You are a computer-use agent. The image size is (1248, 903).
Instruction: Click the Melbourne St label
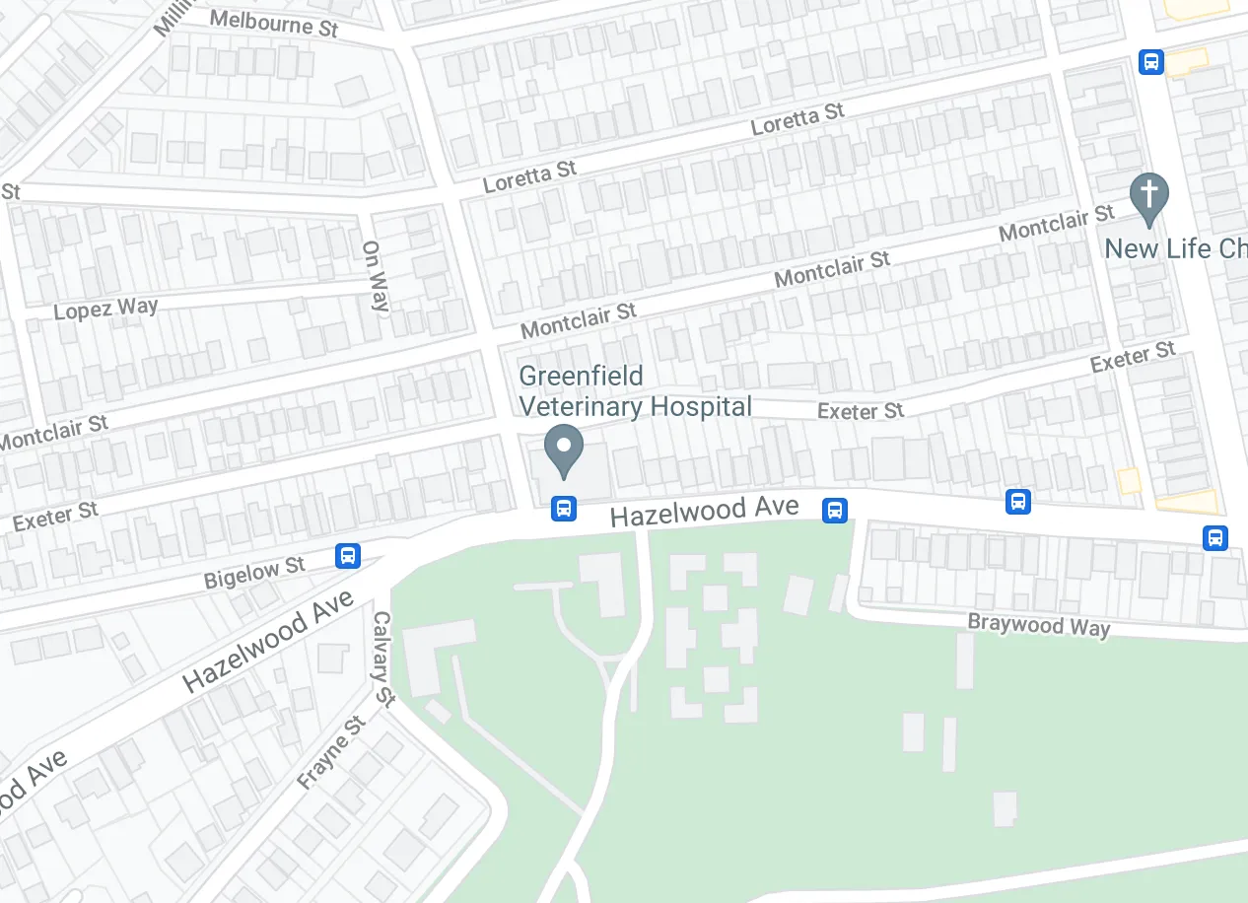click(x=274, y=23)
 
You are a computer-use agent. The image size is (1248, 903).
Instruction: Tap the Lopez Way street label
click(x=105, y=309)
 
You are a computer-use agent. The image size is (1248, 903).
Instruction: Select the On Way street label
click(x=376, y=276)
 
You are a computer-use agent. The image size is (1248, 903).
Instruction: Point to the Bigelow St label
click(x=254, y=572)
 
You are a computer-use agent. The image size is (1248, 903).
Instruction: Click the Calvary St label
click(x=383, y=659)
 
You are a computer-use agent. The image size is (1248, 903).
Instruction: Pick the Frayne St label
click(x=332, y=752)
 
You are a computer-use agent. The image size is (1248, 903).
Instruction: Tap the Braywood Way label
click(x=1038, y=624)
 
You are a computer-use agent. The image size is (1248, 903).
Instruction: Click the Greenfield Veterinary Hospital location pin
click(x=564, y=452)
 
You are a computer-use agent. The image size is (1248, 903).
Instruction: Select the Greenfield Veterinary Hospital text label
click(x=635, y=391)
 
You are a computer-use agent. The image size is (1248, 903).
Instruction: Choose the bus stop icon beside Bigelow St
click(x=347, y=556)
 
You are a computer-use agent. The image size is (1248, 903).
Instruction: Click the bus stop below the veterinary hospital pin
click(x=564, y=509)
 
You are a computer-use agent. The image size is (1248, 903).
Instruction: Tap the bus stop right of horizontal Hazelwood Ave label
click(x=834, y=510)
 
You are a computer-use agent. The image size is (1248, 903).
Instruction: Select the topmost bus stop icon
click(x=1150, y=61)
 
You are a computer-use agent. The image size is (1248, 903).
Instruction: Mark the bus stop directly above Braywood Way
click(x=1018, y=501)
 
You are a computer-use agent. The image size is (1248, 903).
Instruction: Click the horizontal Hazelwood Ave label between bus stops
click(x=704, y=512)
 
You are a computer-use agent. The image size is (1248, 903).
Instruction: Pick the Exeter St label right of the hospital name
click(x=861, y=411)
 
